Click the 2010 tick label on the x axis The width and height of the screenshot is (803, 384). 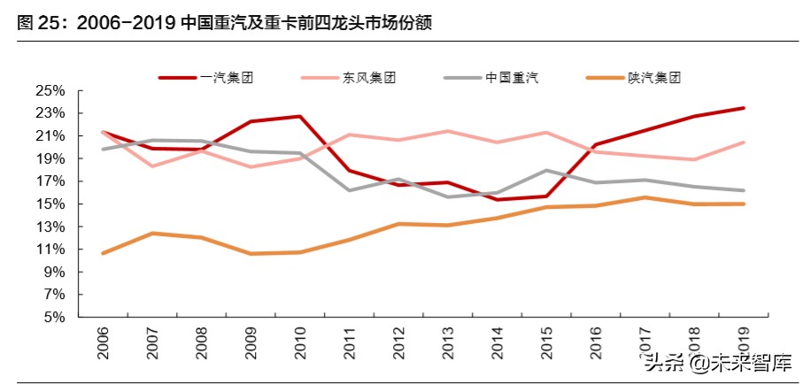coord(299,341)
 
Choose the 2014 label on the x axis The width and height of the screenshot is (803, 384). coord(497,341)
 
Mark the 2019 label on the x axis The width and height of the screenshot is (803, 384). coord(743,341)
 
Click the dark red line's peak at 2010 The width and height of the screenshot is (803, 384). coord(300,116)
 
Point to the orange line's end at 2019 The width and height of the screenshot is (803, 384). coord(744,204)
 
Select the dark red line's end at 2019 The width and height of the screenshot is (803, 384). coord(744,108)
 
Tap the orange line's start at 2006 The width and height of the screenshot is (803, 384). coord(104,253)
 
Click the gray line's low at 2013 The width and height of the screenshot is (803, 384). coord(448,196)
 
